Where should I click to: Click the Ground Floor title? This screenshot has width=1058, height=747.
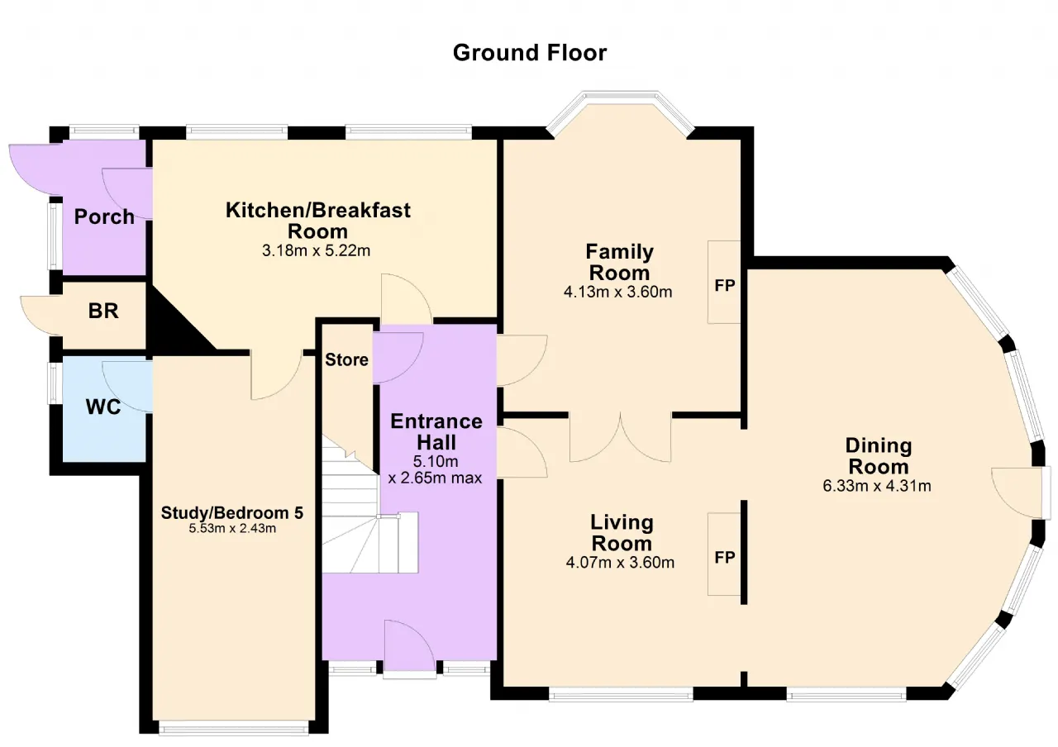point(530,53)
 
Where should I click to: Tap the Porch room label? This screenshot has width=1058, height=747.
point(104,216)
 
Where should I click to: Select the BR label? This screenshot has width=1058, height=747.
point(103,311)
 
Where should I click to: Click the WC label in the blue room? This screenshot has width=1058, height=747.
point(103,407)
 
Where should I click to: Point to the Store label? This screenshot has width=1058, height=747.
point(346,359)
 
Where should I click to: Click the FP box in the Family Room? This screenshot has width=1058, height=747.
point(724,282)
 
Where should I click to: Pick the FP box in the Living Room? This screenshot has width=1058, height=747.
point(724,554)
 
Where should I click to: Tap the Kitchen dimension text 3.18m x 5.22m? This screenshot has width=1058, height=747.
point(316,250)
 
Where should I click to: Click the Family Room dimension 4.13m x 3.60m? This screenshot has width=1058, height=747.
point(617,293)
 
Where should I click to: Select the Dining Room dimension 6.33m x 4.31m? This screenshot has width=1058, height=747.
point(877,486)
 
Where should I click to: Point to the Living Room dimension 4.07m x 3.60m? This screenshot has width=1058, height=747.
point(620,563)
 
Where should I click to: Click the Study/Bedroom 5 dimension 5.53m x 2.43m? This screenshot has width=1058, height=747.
point(232,528)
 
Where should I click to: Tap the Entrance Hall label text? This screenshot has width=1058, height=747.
point(436,432)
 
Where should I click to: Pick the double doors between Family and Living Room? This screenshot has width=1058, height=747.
point(620,437)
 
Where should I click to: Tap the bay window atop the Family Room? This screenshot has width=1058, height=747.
point(620,111)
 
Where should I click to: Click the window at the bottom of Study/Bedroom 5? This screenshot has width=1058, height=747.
point(234,728)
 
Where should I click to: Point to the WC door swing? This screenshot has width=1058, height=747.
point(127,386)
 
